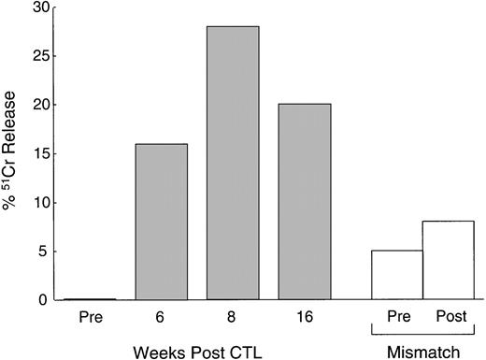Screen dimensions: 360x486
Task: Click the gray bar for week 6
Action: (x=160, y=222)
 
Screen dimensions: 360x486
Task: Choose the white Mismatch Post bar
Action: (x=448, y=260)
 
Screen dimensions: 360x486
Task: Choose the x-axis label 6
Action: (x=160, y=316)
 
